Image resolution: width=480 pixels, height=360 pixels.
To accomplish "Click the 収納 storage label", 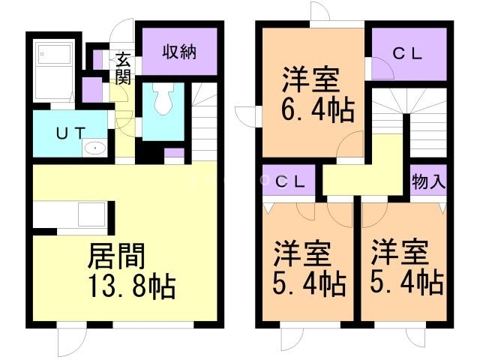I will pos(180,52).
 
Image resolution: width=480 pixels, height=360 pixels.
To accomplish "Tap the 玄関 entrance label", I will pos(123,68).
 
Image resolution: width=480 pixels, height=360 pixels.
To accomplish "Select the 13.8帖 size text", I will pos(133,287).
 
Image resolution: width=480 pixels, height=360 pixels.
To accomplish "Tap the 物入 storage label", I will pos(428,182).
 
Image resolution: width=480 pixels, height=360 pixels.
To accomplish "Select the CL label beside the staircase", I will pos(409,53).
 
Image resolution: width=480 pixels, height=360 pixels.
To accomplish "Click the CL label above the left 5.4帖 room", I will pos(289,182).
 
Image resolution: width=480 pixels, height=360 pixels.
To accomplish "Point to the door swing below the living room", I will pos(68,343).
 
